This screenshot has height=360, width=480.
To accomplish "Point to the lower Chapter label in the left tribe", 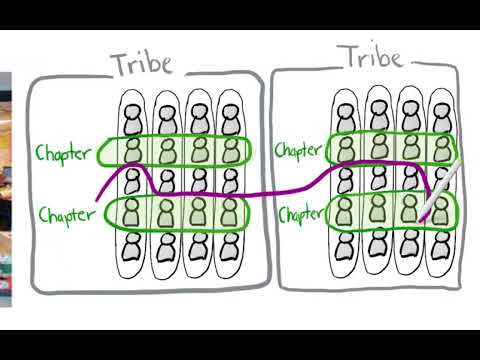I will (x=63, y=214).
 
